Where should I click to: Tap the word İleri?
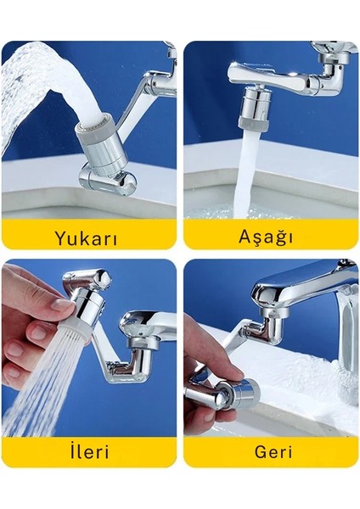tap(89, 451)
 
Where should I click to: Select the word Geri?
tap(269, 451)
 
